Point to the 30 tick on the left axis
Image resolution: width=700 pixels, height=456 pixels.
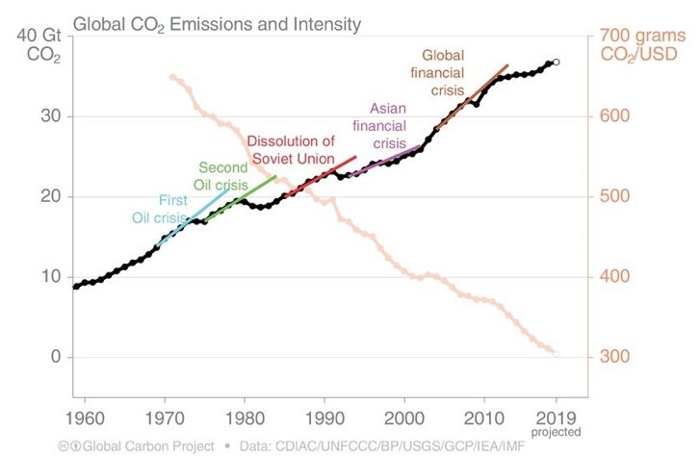click(x=47, y=116)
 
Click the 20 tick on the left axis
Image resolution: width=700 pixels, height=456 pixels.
click(x=47, y=196)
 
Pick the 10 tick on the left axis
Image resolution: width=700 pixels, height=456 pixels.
click(x=47, y=277)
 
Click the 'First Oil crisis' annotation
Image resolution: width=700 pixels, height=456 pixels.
click(x=159, y=209)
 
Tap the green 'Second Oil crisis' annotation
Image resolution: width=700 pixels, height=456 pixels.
click(x=223, y=176)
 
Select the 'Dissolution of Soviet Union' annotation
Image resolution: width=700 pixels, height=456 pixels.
click(x=291, y=150)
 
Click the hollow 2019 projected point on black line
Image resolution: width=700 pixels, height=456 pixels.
click(x=557, y=62)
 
